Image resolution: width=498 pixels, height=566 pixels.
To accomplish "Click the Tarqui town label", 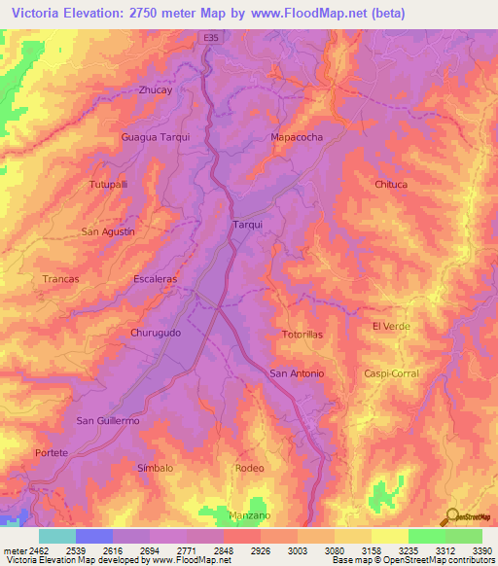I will (x=248, y=225).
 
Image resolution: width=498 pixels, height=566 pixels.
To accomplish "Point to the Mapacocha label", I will (x=296, y=137).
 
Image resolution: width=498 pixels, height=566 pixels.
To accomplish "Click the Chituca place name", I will (x=390, y=184).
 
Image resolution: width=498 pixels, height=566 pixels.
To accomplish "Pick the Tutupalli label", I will (x=108, y=184).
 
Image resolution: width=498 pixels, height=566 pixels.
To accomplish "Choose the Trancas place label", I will (x=60, y=278).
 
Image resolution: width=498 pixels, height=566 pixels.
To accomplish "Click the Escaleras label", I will (x=155, y=278).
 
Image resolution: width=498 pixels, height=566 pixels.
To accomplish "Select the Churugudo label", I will (x=155, y=332).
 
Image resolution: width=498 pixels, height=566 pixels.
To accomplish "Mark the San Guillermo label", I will (x=108, y=420).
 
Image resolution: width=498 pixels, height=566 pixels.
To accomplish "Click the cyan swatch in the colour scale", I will (x=56, y=536).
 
